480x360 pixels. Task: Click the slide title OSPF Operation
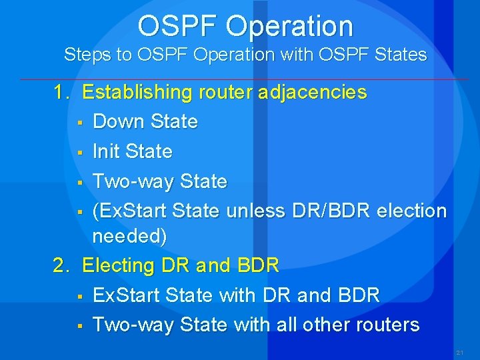245,26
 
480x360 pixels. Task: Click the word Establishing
136,92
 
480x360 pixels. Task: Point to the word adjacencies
315,92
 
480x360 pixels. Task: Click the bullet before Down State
79,122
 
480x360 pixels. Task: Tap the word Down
119,121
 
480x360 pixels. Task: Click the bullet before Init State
79,152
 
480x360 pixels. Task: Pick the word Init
107,151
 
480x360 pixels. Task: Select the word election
411,211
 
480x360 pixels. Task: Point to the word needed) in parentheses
129,236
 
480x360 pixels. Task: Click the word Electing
118,265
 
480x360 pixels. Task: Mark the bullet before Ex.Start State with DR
79,295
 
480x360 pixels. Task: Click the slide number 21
459,351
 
